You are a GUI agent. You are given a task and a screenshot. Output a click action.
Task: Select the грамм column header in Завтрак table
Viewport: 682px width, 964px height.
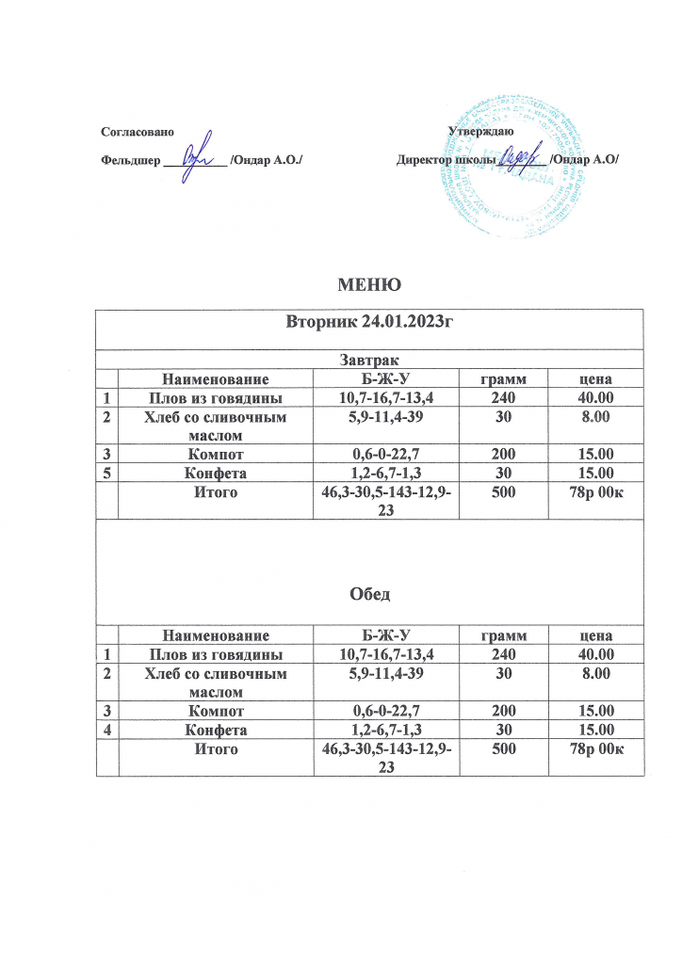(x=504, y=379)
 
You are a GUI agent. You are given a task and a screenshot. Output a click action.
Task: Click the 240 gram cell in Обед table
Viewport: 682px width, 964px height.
(x=504, y=652)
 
